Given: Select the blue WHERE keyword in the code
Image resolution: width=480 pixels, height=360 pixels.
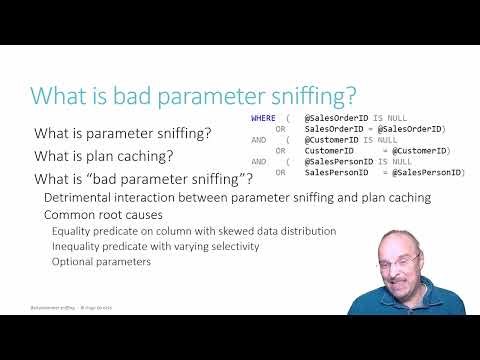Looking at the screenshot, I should pos(263,118).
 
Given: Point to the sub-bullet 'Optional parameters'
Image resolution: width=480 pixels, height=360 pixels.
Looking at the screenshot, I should pos(100,262).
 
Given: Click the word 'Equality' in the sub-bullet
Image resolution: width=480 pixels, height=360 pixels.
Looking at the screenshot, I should pos(72,231).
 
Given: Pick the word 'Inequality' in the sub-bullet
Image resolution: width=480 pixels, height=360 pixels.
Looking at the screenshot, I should pos(77,247).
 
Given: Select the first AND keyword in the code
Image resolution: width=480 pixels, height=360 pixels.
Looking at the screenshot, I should pos(259,140).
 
